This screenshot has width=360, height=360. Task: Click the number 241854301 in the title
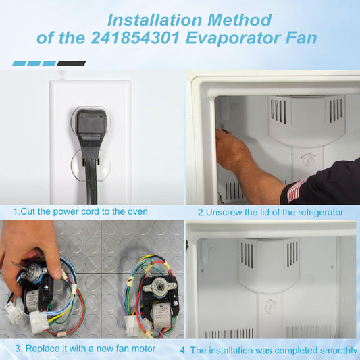tap(135, 38)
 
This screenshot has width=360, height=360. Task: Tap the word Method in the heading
tap(240, 20)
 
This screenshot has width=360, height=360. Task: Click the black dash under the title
tap(72, 63)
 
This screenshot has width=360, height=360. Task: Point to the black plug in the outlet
tap(91, 131)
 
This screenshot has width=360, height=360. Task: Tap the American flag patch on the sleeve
tap(297, 190)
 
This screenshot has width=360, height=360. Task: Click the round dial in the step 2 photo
tap(308, 160)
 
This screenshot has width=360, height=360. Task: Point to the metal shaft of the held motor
tap(21, 268)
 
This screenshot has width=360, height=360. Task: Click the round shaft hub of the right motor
tap(160, 286)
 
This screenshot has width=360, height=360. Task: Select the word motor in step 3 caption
tap(144, 349)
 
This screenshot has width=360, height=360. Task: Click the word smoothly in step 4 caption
tap(338, 351)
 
